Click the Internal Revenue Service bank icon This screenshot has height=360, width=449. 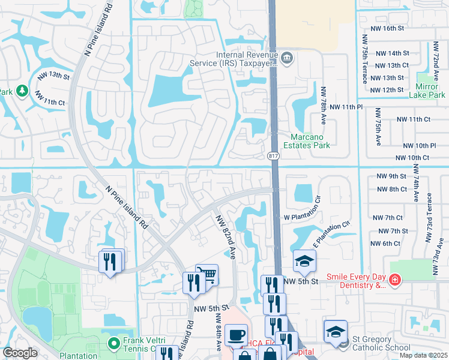click(x=288, y=58)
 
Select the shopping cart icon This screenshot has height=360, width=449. click(x=207, y=274)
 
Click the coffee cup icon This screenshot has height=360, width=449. click(x=238, y=334)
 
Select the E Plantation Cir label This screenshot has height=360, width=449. click(x=331, y=233)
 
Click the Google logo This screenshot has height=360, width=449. click(x=20, y=353)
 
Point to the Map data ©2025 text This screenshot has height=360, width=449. click(x=423, y=355)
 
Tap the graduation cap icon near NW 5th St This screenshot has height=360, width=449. click(x=304, y=260)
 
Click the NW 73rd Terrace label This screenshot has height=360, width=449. click(x=429, y=218)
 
